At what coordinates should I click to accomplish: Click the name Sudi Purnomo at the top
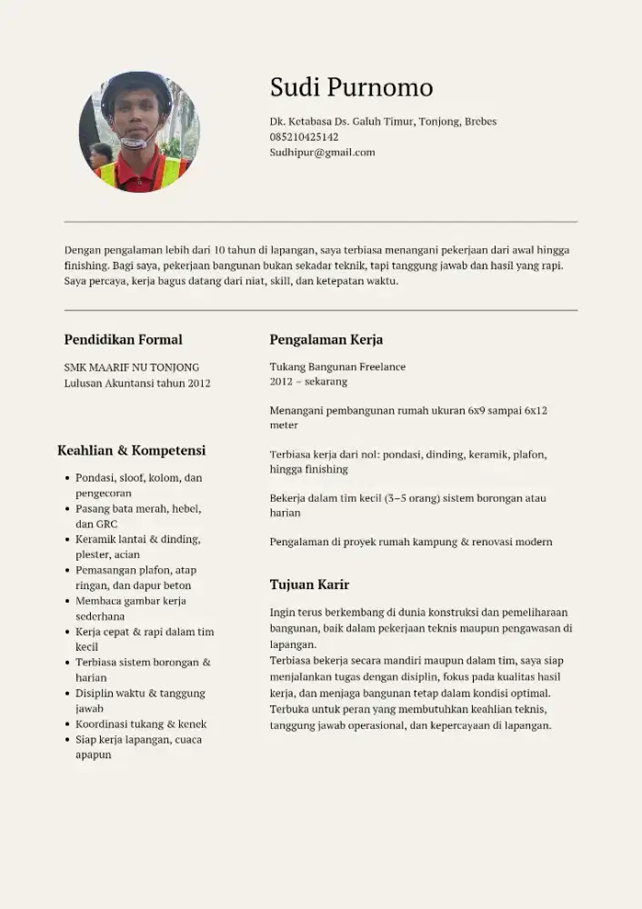pos(351,87)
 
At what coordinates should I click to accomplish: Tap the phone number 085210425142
pos(304,137)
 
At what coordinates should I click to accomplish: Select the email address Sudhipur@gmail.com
pos(322,153)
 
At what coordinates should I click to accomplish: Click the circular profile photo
pos(139,132)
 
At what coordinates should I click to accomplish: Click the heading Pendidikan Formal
pos(123,340)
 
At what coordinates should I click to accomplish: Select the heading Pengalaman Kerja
pos(326,340)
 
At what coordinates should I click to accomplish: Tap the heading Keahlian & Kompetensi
pos(131,451)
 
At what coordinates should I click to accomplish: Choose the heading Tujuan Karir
pos(309,584)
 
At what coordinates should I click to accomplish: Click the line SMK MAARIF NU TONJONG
pos(131,367)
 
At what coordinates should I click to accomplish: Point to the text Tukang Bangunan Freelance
pos(337,367)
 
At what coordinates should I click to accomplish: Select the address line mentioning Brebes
pos(383,122)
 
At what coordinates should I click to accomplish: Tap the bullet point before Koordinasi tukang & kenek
pos(67,724)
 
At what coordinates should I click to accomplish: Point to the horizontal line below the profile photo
pos(321,221)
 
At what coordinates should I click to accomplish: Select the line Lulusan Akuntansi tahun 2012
pos(136,383)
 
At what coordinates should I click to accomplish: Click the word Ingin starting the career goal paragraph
pos(283,613)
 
